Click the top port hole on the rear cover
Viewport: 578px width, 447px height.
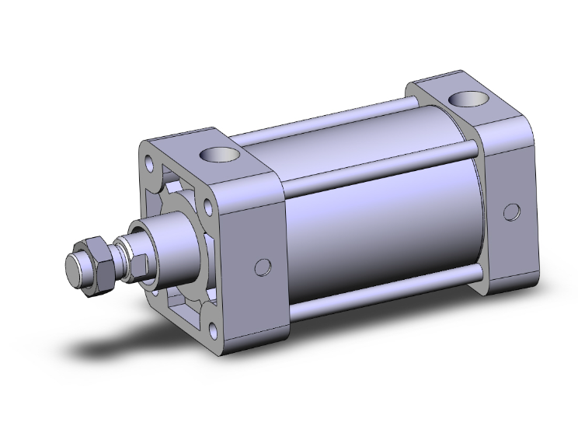(468, 100)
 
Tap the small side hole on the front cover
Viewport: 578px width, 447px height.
(263, 267)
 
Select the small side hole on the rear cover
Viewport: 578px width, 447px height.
(511, 212)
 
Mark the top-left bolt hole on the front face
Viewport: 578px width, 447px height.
(147, 163)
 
